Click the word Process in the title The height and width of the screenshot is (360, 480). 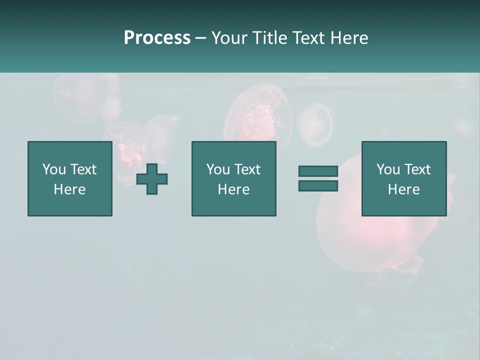157,38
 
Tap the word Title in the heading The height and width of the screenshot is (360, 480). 270,38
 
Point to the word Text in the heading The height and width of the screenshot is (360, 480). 310,38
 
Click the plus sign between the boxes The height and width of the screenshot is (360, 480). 152,179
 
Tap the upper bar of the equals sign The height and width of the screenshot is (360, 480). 318,171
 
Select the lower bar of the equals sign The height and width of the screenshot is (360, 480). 318,185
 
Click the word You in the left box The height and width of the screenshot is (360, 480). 54,169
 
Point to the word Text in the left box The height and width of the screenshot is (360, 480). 83,169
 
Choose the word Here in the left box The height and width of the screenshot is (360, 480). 69,189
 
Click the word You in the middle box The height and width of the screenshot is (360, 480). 218,169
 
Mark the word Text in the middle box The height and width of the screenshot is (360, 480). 247,169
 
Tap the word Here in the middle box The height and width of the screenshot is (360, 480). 233,189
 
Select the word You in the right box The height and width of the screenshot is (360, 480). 388,169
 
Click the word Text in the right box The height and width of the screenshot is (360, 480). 417,169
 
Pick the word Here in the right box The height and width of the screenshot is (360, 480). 403,189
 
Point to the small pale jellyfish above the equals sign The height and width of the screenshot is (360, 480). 315,124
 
